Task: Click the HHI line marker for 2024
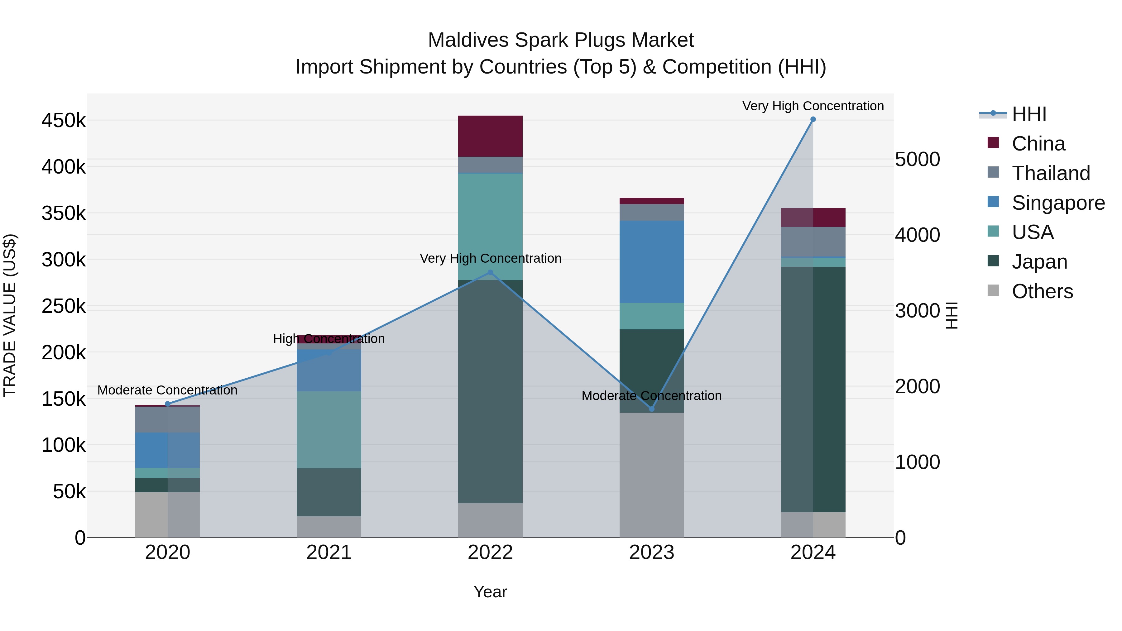pos(813,119)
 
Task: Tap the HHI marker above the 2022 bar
pos(490,273)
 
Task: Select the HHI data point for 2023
pos(652,409)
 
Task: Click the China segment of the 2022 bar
pos(490,136)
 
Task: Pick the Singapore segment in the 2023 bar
pos(652,261)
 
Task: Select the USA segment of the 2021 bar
pos(329,429)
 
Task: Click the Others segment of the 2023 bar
pos(652,475)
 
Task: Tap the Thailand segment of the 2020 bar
pos(167,419)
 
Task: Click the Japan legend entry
pos(1039,262)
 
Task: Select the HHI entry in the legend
pos(1029,114)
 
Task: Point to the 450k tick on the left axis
pos(64,121)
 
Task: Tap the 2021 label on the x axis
pos(329,552)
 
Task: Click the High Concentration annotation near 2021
pos(329,339)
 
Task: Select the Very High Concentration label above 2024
pos(813,106)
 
